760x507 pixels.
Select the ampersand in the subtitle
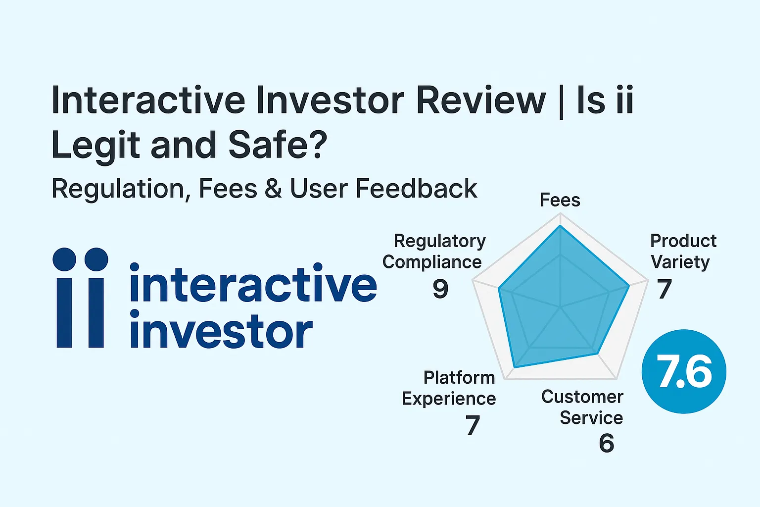pos(273,189)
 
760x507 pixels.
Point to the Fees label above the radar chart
pos(560,200)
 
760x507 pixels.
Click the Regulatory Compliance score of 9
pos(440,289)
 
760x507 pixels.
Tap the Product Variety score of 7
pos(664,289)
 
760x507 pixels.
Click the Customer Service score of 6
pos(606,443)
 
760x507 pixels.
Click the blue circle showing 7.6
pos(684,371)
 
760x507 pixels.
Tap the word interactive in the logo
pos(253,284)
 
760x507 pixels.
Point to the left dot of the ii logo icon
pos(64,259)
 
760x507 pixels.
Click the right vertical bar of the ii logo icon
pos(95,313)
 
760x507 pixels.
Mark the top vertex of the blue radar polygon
pos(560,226)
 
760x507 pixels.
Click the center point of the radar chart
pos(561,307)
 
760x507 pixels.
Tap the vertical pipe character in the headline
pos(561,101)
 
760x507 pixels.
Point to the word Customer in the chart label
pos(582,397)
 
